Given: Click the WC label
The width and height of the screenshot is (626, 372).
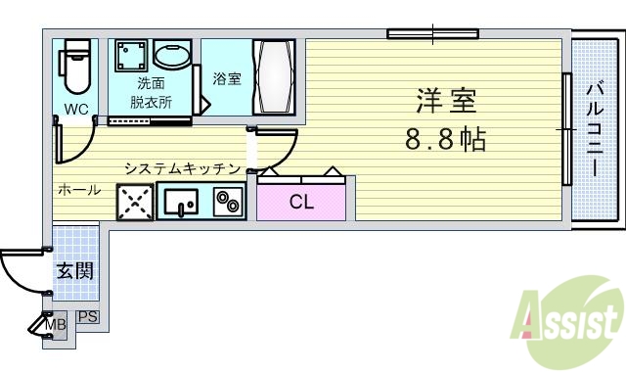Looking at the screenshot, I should [75, 108].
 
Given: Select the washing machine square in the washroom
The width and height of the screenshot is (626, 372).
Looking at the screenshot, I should [131, 57].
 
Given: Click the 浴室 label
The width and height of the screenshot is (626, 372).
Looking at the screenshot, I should [227, 78].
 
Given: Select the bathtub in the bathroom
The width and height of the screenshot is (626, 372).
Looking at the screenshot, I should [273, 78].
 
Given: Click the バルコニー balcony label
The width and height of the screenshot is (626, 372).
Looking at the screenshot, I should [594, 128].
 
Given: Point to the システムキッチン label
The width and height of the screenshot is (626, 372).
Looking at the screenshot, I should [182, 167].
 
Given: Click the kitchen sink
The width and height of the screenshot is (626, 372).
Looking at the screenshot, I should [180, 203].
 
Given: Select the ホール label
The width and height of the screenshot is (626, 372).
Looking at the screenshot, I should [78, 190].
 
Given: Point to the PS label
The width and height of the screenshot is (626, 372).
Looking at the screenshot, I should [88, 317].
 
